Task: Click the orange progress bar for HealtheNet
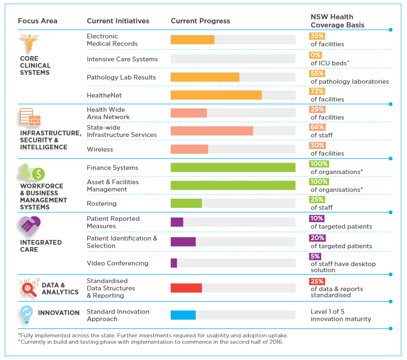[x=216, y=95]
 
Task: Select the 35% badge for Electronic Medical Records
[x=317, y=35]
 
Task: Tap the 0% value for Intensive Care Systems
[x=315, y=55]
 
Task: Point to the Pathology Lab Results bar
[x=205, y=77]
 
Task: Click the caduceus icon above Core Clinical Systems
[x=29, y=44]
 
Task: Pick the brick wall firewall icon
[x=30, y=117]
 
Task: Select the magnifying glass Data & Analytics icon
[x=29, y=289]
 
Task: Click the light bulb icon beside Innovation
[x=26, y=314]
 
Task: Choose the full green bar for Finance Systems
[x=233, y=167]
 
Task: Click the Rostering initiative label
[x=102, y=204]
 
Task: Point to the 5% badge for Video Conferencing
[x=315, y=256]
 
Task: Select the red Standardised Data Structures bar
[x=186, y=288]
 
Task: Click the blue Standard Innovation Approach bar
[x=183, y=315]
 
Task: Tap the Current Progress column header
[x=200, y=21]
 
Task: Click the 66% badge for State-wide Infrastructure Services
[x=317, y=127]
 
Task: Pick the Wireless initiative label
[x=100, y=149]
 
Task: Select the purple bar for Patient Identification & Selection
[x=183, y=242]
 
